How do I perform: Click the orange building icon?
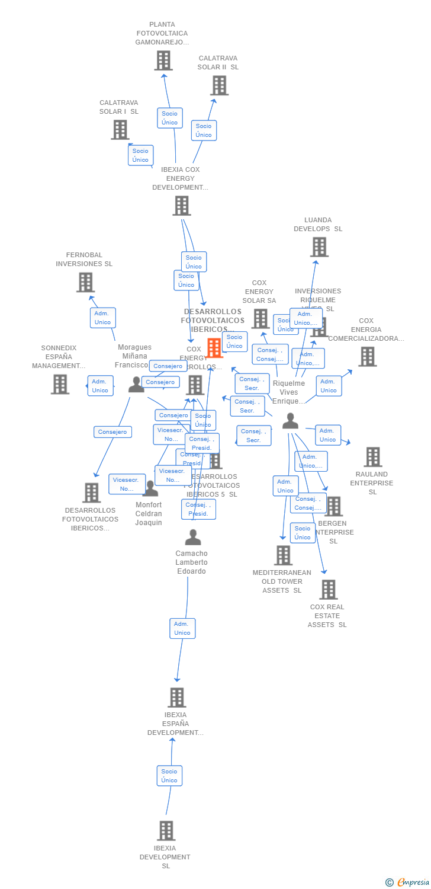pos(214,348)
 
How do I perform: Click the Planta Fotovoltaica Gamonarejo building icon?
pos(163,60)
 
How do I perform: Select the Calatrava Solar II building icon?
pos(219,85)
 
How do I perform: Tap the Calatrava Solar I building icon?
pos(120,130)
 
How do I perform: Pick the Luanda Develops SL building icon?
pos(319,247)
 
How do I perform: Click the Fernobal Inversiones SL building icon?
pos(85,282)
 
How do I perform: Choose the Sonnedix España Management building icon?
pos(60,384)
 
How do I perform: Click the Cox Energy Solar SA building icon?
pos(260,319)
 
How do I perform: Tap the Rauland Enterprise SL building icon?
pos(372,457)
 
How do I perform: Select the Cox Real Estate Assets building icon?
pos(328,590)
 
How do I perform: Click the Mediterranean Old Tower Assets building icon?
pos(283,555)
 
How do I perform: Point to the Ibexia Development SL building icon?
pos(166,831)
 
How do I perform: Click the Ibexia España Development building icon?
pos(176,698)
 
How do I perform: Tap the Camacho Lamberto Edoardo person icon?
pos(192,538)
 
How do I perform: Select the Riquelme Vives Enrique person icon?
pos(290,421)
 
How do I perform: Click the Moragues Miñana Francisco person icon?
pos(136,385)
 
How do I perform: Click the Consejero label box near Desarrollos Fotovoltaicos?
pos(112,432)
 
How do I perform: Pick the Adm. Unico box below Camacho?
pos(182,628)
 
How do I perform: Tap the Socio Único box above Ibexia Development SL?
pos(169,776)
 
